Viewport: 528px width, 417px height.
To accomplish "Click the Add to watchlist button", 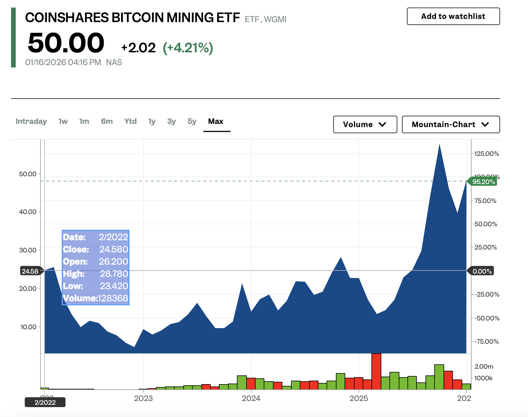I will coord(453,16).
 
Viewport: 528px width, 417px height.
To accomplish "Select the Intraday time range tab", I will coord(31,121).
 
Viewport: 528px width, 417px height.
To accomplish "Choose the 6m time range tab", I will coord(107,121).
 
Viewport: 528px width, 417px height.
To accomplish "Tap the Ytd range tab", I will coord(130,121).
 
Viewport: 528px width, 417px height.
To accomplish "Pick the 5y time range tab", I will coord(192,121).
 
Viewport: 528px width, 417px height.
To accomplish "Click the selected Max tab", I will coord(216,121).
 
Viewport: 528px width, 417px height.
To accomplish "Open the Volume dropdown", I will coord(365,124).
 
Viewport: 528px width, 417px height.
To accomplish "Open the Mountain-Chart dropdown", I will coord(451,124).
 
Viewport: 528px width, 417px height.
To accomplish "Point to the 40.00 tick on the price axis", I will coord(28,212).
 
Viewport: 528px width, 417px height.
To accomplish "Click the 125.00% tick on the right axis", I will coord(487,154).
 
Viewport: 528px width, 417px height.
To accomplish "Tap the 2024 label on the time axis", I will coord(251,398).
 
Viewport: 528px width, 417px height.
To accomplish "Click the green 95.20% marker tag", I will coord(483,182).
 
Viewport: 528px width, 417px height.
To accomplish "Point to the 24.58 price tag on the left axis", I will coord(30,271).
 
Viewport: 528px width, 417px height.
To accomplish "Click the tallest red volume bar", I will coord(376,371).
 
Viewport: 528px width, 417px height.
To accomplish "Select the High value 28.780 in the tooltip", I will coord(114,274).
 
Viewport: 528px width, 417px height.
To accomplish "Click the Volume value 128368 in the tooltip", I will coord(113,298).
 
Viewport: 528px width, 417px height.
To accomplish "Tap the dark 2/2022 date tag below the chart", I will coord(45,402).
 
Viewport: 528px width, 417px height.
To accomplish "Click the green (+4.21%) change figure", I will coord(188,48).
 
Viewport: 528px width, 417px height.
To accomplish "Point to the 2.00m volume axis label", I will coord(484,366).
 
